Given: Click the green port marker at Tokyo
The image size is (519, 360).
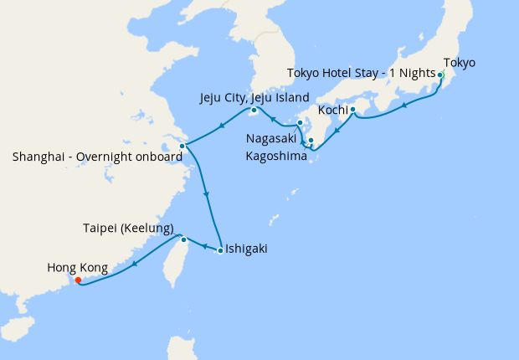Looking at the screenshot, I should pyautogui.click(x=439, y=75).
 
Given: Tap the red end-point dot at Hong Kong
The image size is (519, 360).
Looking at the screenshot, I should pyautogui.click(x=78, y=280).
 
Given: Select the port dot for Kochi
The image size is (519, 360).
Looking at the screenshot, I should pyautogui.click(x=352, y=110).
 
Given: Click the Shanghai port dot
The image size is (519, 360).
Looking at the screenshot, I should pyautogui.click(x=182, y=146).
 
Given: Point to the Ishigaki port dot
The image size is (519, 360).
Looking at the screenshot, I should pyautogui.click(x=219, y=249).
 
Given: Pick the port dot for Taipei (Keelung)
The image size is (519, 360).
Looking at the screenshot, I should pyautogui.click(x=183, y=239).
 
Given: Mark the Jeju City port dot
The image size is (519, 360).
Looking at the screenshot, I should pyautogui.click(x=254, y=110).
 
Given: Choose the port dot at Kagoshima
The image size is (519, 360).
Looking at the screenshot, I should pyautogui.click(x=311, y=140).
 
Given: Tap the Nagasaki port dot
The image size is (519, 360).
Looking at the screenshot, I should pyautogui.click(x=300, y=123).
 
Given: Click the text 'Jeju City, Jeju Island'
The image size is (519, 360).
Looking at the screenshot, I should pyautogui.click(x=254, y=97).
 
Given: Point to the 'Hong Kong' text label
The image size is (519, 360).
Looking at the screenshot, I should pyautogui.click(x=77, y=268).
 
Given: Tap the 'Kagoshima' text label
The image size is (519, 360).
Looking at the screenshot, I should pyautogui.click(x=276, y=156).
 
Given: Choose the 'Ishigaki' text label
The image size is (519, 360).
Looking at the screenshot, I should pyautogui.click(x=248, y=249).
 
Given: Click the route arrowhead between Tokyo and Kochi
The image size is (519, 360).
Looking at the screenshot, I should pyautogui.click(x=406, y=105).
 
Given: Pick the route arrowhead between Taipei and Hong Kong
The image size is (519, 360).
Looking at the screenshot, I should pyautogui.click(x=134, y=265).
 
